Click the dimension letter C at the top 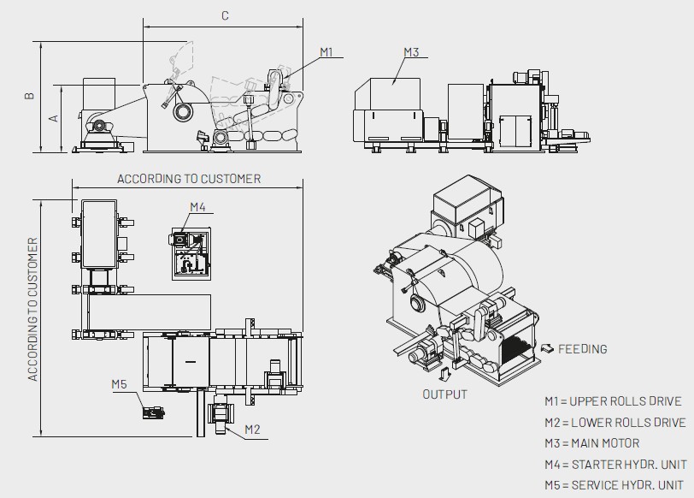[x=225, y=16]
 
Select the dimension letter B [x=29, y=95]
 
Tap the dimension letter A [x=53, y=118]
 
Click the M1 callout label [x=326, y=52]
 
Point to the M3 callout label [x=411, y=52]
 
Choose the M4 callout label [x=197, y=207]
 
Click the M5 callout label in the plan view [x=119, y=384]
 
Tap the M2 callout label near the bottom [x=252, y=430]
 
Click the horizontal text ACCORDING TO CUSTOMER [x=189, y=179]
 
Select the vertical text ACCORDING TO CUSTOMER [x=32, y=309]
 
